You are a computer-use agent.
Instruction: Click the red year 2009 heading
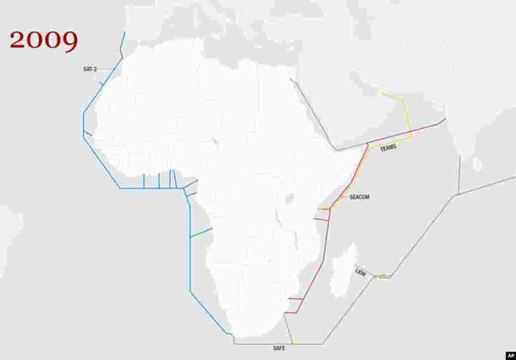click(44, 41)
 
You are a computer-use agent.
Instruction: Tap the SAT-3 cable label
click(90, 69)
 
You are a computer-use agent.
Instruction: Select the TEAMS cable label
click(388, 148)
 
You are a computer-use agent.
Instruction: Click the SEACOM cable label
click(359, 197)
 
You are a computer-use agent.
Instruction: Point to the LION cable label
click(361, 272)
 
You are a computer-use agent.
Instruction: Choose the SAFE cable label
click(279, 348)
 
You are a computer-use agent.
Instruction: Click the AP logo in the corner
click(509, 354)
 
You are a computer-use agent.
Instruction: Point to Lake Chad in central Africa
click(215, 142)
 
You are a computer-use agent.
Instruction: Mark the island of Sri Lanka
click(477, 164)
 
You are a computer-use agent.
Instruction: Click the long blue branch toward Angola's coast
click(201, 232)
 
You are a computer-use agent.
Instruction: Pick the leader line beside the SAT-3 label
click(104, 69)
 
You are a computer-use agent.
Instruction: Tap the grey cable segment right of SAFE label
click(307, 344)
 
